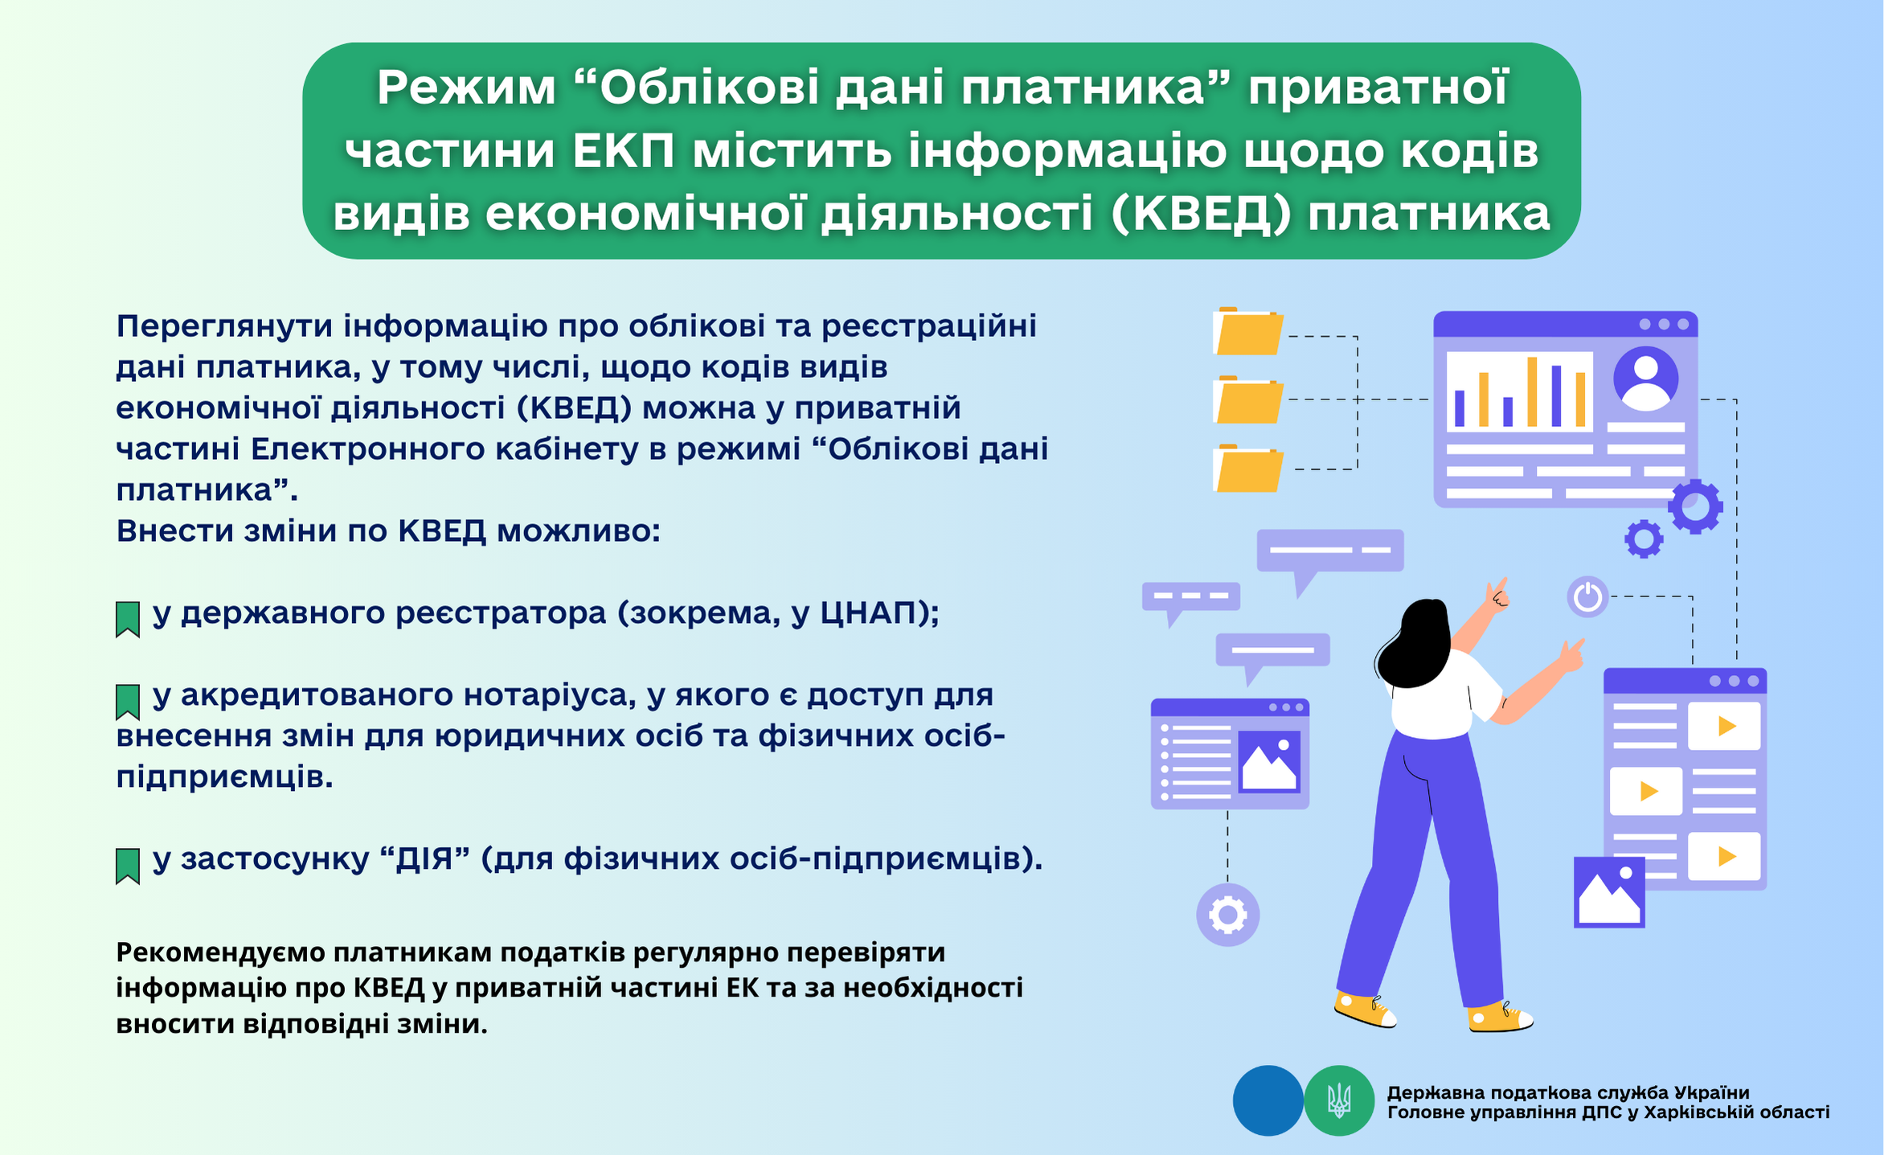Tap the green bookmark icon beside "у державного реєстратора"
tap(128, 619)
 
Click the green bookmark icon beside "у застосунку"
tap(128, 866)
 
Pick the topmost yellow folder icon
tap(1247, 331)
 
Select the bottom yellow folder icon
tap(1247, 468)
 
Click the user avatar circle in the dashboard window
tap(1645, 379)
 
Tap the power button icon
tap(1587, 597)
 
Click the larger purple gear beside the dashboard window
tap(1695, 506)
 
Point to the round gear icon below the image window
tap(1227, 915)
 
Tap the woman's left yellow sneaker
tap(1364, 1010)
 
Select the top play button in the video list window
tap(1724, 727)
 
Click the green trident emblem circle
tap(1339, 1100)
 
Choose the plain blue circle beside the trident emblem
tap(1268, 1100)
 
